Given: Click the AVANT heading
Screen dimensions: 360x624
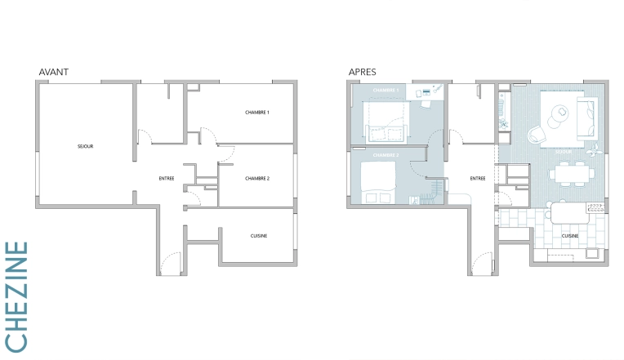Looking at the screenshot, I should click(x=53, y=72).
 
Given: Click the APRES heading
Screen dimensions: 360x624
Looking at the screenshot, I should click(x=362, y=72).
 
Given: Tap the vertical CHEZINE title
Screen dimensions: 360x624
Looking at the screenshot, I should click(x=17, y=296).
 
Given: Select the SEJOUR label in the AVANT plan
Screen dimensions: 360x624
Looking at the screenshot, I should click(x=85, y=146).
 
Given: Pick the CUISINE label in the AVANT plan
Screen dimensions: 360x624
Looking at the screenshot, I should click(x=260, y=236).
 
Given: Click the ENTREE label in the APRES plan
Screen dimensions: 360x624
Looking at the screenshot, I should click(x=478, y=178).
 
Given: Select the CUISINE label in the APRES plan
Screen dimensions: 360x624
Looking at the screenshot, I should click(x=570, y=236).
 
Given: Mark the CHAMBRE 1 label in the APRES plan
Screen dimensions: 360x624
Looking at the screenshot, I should click(x=386, y=90).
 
